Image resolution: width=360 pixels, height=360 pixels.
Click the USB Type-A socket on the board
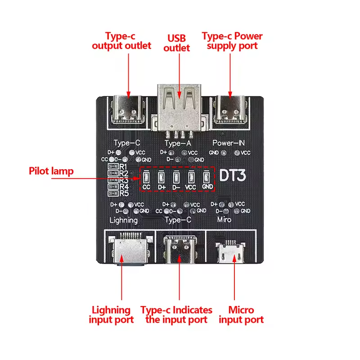pos(179,108)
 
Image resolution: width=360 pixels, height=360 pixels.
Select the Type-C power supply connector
pos(230,110)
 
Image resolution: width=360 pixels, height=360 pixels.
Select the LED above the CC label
pos(146,177)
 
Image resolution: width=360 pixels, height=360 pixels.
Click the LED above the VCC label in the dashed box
pos(191,177)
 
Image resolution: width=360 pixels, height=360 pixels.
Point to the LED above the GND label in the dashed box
pos(207,177)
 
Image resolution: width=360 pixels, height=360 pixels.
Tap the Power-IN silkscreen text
pos(229,143)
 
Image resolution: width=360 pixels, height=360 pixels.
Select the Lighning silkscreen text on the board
pos(124,220)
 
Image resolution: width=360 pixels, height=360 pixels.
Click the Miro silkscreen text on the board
pos(224,220)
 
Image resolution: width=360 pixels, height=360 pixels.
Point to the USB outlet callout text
pos(177,43)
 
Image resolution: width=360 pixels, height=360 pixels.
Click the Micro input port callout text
pos(241,315)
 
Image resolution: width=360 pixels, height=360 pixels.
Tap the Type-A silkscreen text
pos(179,144)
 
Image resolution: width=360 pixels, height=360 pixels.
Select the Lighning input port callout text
pos(111,315)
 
